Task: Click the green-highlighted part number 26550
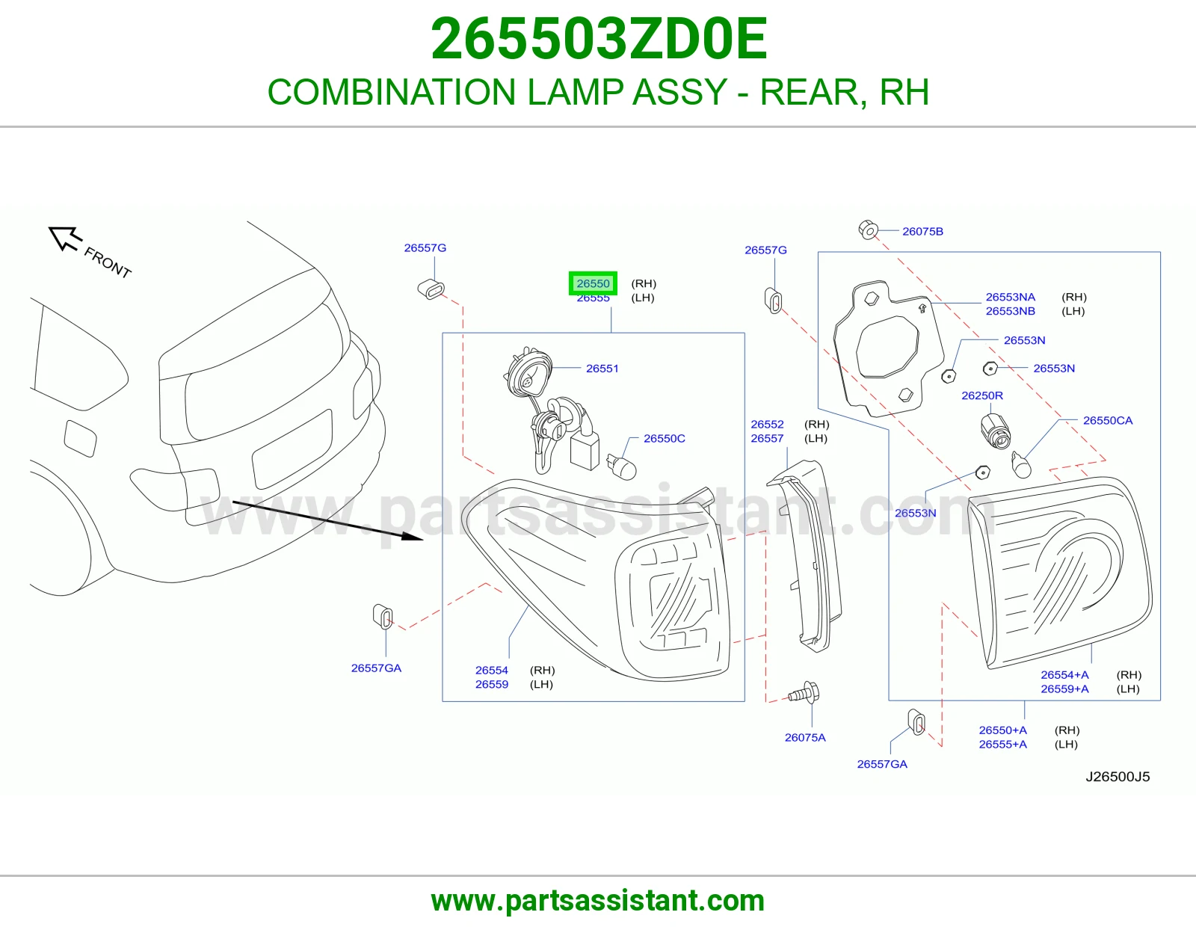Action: click(593, 283)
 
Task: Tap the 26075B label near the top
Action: click(922, 232)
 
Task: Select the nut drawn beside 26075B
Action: click(868, 230)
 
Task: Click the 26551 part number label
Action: click(602, 369)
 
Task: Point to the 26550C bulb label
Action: click(665, 438)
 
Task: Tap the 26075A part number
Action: click(805, 738)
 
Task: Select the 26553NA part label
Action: click(1010, 298)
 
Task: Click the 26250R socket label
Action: click(982, 395)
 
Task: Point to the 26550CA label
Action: click(1107, 421)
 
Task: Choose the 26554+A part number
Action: click(1064, 675)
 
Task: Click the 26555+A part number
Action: click(1003, 745)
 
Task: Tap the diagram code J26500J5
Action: click(1118, 777)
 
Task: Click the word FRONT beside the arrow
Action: click(108, 262)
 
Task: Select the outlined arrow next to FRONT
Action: click(66, 238)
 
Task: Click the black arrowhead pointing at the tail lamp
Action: click(413, 536)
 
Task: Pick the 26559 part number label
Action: click(492, 684)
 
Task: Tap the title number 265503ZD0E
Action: click(599, 39)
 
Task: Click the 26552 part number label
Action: click(767, 425)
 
